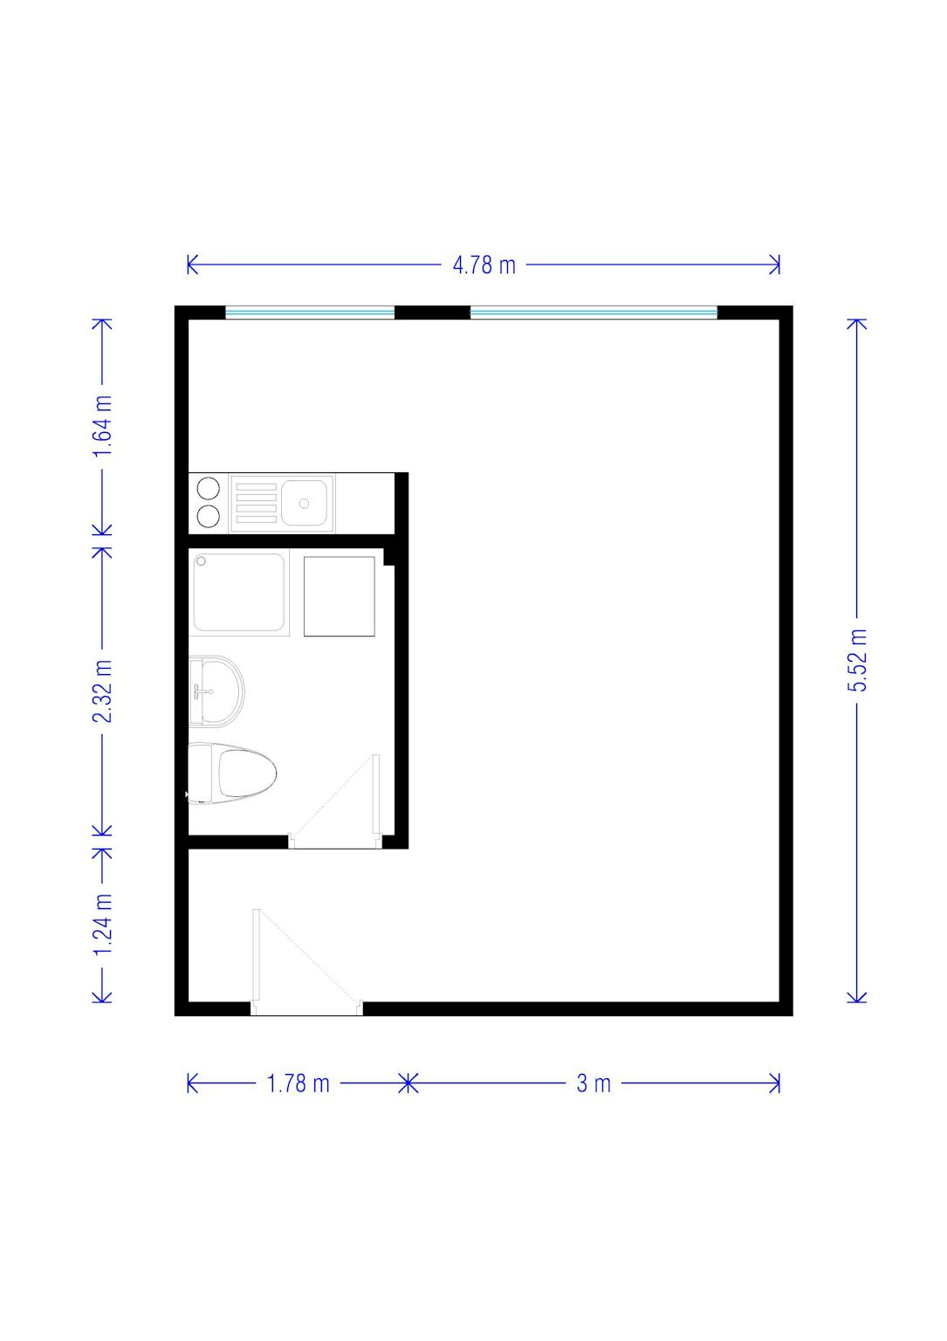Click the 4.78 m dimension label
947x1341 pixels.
click(484, 265)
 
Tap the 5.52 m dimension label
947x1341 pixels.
click(856, 660)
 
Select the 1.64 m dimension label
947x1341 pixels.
click(102, 426)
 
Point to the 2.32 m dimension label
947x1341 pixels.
click(102, 691)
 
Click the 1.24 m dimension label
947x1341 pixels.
click(102, 924)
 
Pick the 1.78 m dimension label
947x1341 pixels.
click(298, 1083)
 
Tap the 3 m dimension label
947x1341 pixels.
click(594, 1083)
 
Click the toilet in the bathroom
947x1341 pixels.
click(231, 773)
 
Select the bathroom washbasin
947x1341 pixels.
click(216, 691)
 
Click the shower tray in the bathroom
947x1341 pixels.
click(239, 592)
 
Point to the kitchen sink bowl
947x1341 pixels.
click(304, 503)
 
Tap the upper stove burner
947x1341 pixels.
click(209, 489)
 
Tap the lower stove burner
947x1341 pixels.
click(209, 516)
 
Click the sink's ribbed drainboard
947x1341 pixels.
click(257, 503)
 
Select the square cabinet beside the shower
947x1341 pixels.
click(340, 596)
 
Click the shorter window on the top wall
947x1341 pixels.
click(310, 312)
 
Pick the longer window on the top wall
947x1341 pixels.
click(594, 312)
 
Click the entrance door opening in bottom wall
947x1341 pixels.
click(306, 1008)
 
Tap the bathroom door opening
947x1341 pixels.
click(335, 841)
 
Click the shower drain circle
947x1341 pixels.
click(201, 561)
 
